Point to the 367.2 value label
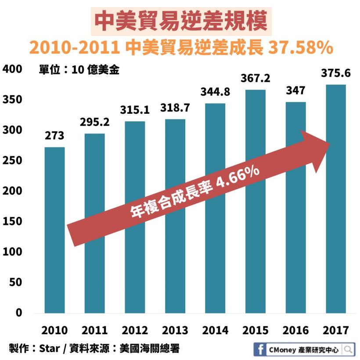tap(255, 79)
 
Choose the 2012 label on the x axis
tap(135, 331)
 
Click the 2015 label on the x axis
tap(255, 331)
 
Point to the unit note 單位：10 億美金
tap(79, 71)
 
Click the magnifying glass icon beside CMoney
tap(348, 350)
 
